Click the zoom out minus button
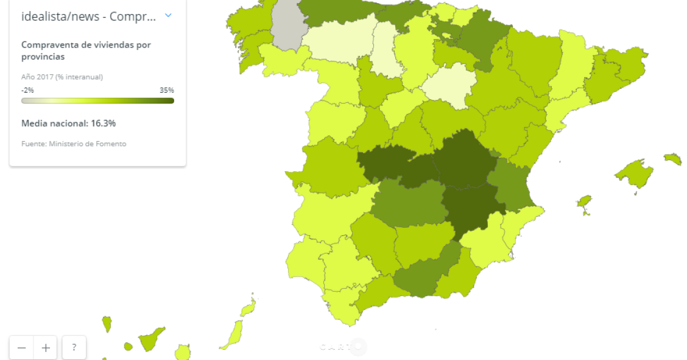[x=22, y=348]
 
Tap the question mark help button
[x=74, y=348]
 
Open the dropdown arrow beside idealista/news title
[x=169, y=15]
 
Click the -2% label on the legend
[x=27, y=90]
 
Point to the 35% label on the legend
[x=167, y=90]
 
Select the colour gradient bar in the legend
[x=97, y=101]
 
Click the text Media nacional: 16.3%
[x=68, y=124]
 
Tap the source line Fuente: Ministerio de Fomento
[x=74, y=144]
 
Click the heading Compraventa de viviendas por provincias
[x=86, y=51]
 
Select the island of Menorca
[x=673, y=159]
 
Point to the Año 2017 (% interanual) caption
[x=62, y=77]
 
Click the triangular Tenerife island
[x=150, y=339]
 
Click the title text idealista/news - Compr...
[x=89, y=16]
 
